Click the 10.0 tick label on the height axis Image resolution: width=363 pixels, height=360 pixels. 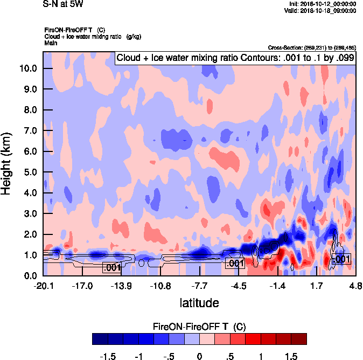27,68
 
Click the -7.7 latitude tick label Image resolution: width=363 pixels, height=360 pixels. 200,286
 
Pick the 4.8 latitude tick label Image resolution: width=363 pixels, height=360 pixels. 355,286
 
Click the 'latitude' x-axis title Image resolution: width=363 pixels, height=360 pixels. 199,303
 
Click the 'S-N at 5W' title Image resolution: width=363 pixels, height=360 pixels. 62,4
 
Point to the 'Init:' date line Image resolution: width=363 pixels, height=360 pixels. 321,4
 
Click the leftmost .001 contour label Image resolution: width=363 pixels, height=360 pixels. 111,268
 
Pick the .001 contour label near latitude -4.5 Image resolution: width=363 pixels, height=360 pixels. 234,264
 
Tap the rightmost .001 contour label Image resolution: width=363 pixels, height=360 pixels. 342,259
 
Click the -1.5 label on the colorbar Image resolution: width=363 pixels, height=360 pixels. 108,356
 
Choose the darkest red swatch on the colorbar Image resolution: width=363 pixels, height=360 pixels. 298,338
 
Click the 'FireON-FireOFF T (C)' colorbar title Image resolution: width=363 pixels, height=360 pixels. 199,327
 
